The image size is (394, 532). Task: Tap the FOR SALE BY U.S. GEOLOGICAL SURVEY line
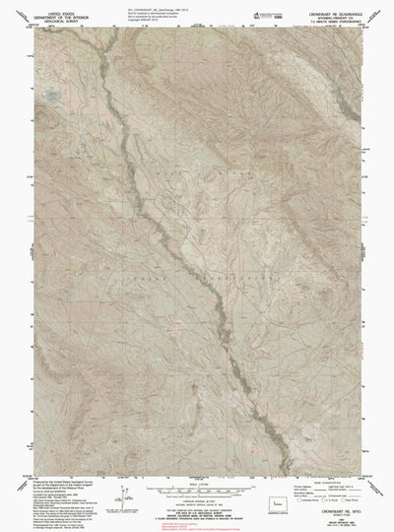pos(197,512)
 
